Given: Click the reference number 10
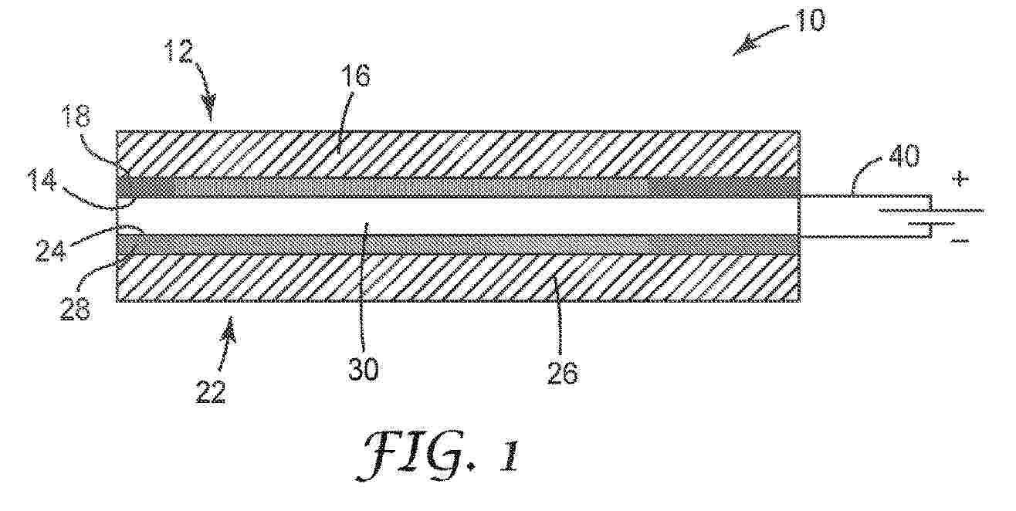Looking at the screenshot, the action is click(811, 20).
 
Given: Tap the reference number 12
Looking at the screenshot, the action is click(178, 51).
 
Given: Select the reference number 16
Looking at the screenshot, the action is click(355, 76).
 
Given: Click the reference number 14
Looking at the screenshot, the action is click(43, 181).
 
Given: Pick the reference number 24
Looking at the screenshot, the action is click(50, 250).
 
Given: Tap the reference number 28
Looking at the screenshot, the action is click(76, 309).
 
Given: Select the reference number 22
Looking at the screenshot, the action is click(211, 392).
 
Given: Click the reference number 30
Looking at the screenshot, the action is click(363, 369).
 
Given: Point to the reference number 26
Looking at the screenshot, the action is click(563, 374).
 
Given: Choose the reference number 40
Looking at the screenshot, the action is click(904, 156).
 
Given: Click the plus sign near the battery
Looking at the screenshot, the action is click(960, 179).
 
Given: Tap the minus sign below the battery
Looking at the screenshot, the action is click(960, 241).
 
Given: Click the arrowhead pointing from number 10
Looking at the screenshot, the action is click(745, 48).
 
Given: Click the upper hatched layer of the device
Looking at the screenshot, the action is click(458, 154).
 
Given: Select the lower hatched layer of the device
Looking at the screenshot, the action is click(458, 277).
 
